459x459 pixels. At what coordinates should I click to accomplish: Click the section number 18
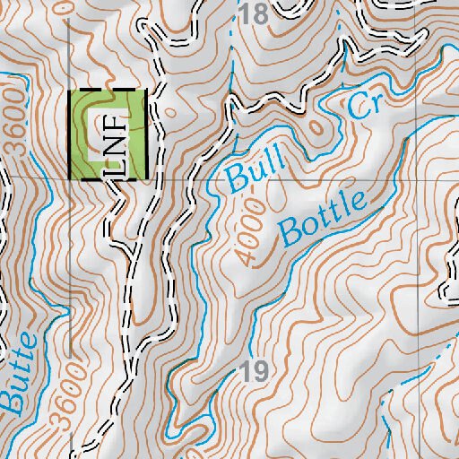click(255, 14)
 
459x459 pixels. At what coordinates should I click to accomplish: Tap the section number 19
click(255, 371)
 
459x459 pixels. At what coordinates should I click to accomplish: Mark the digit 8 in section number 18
click(262, 14)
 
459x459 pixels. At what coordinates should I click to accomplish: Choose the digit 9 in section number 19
click(261, 371)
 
